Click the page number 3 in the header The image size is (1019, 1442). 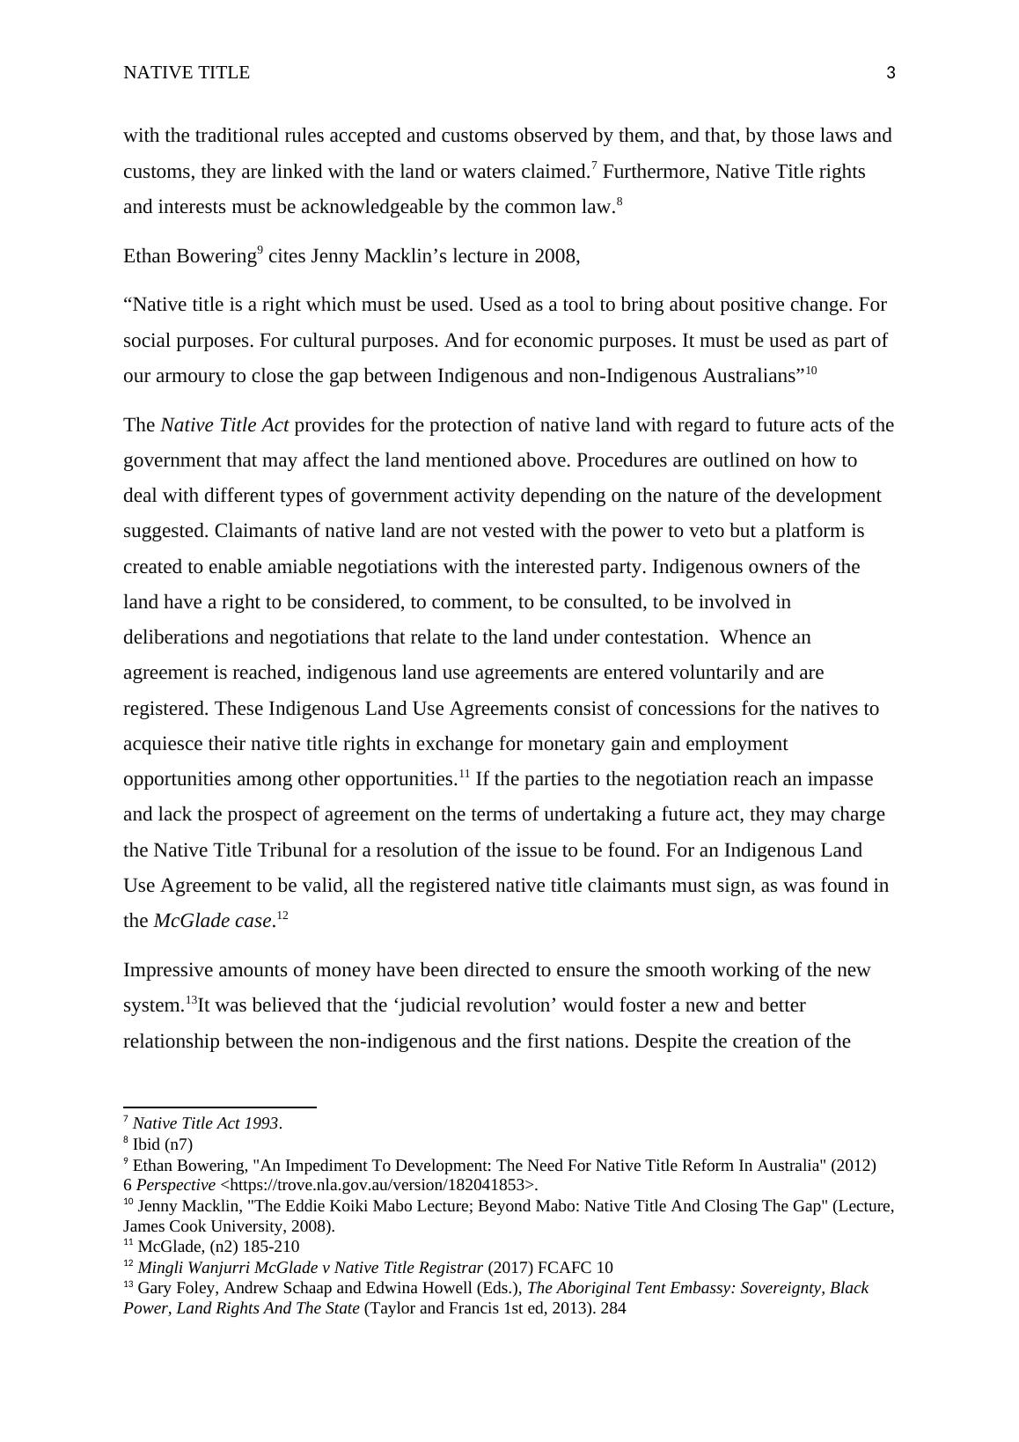click(891, 73)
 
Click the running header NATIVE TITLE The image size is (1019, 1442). click(187, 73)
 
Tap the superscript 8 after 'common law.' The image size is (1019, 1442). click(619, 202)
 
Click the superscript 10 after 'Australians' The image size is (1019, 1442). click(811, 371)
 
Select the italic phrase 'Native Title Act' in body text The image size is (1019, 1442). click(224, 425)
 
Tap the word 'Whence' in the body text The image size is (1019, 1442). click(752, 637)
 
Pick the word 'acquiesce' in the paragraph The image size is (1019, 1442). click(163, 744)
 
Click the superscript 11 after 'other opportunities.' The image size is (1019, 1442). click(464, 775)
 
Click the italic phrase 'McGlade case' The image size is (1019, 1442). click(212, 921)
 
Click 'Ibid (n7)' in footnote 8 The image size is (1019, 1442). click(162, 1144)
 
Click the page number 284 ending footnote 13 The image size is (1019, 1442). click(612, 1308)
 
